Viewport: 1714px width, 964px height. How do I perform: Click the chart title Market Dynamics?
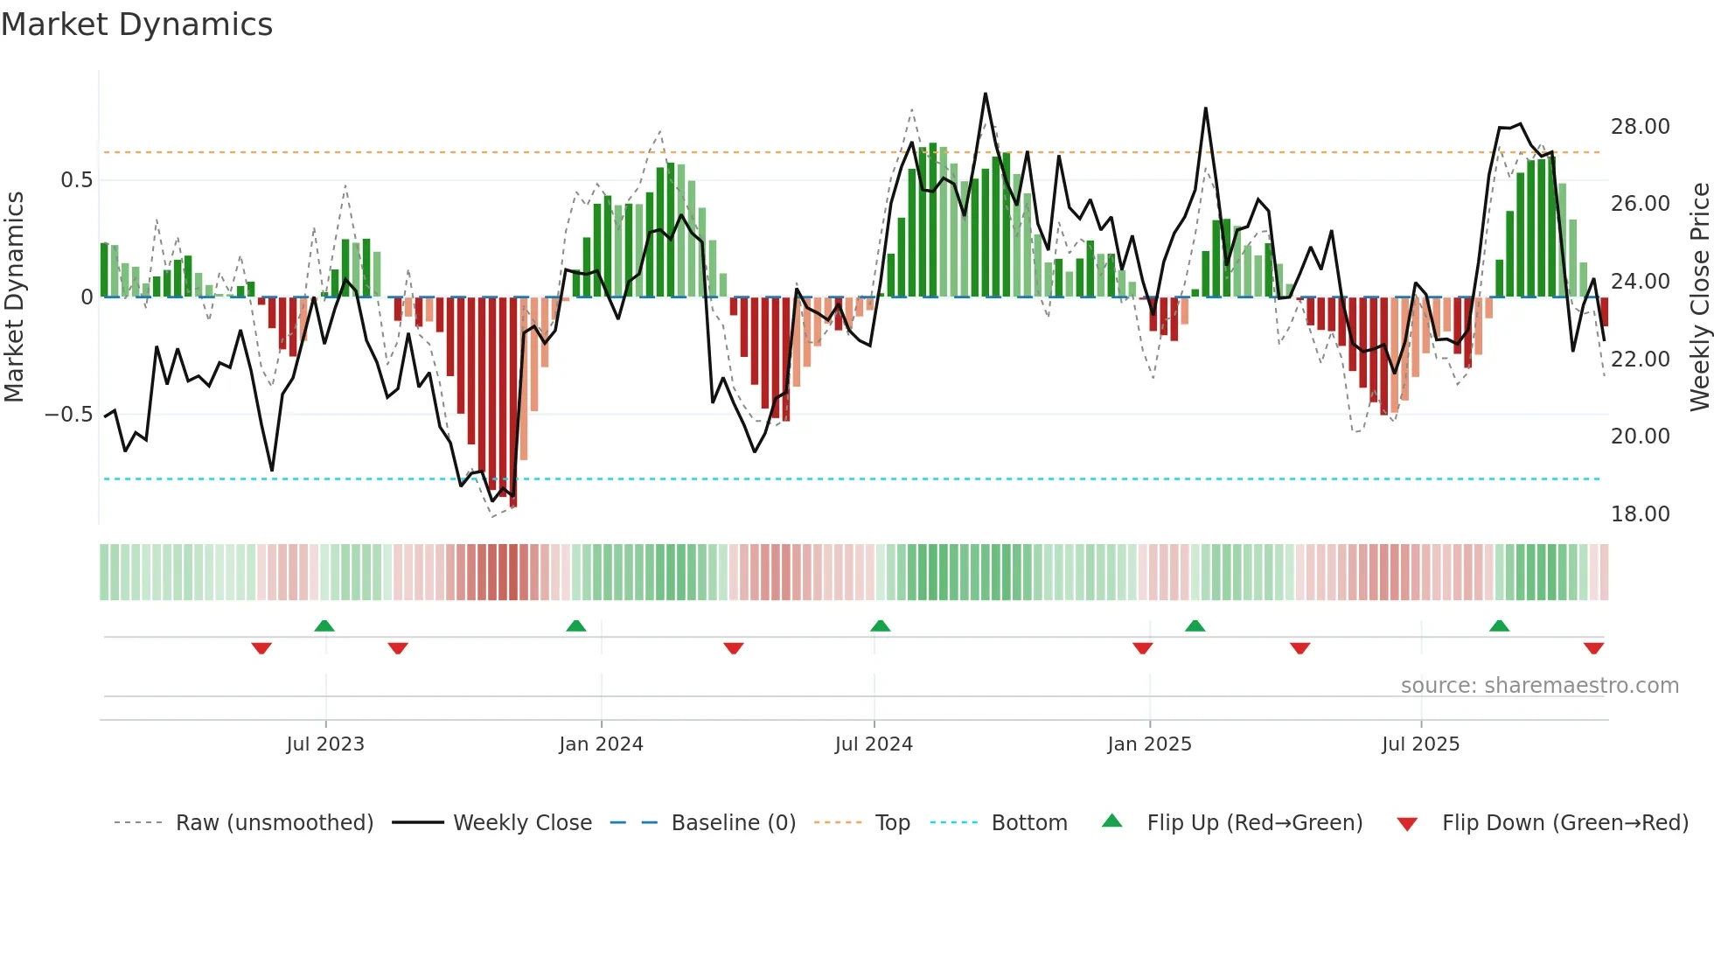[x=136, y=24]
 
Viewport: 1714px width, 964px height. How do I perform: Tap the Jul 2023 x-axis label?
[x=325, y=744]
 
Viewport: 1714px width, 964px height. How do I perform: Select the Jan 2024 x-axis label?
[x=601, y=744]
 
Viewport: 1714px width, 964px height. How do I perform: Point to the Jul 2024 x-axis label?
[x=874, y=744]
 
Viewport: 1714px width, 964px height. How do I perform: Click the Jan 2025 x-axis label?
[x=1149, y=744]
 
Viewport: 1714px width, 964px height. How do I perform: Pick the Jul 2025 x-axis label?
[x=1421, y=744]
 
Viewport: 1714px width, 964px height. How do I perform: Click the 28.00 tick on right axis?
[x=1641, y=127]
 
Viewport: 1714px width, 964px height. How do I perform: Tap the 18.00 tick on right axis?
[x=1641, y=514]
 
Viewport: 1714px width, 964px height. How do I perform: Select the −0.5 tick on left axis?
[x=68, y=414]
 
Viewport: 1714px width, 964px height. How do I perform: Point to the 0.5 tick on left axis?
[x=76, y=180]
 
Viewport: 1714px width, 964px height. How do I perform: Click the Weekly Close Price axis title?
[x=1699, y=297]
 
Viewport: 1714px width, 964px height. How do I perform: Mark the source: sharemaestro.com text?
[x=1539, y=685]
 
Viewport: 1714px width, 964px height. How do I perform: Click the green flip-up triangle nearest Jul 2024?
[x=881, y=625]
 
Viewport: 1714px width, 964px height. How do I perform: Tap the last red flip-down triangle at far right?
[x=1593, y=648]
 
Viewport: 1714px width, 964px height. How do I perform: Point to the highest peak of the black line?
[x=986, y=94]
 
